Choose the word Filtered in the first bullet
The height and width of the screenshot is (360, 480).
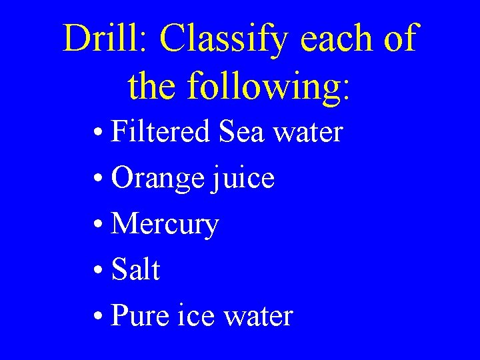[x=161, y=131]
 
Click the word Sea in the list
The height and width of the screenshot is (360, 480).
[x=241, y=131]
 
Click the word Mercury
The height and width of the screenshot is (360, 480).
[x=165, y=225]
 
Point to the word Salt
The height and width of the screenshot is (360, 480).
[x=136, y=270]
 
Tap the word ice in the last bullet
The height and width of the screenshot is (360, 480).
[x=198, y=315]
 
